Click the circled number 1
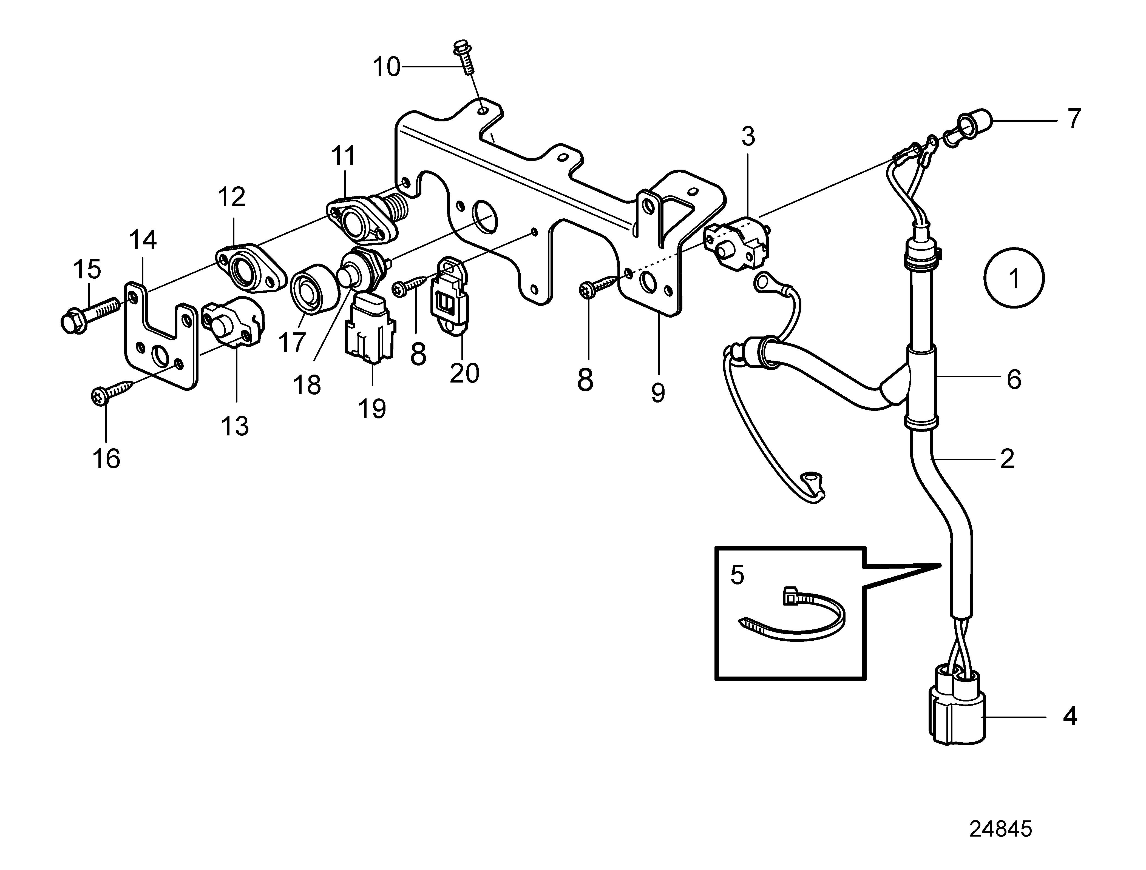coord(1014,279)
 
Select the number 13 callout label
coord(235,426)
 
